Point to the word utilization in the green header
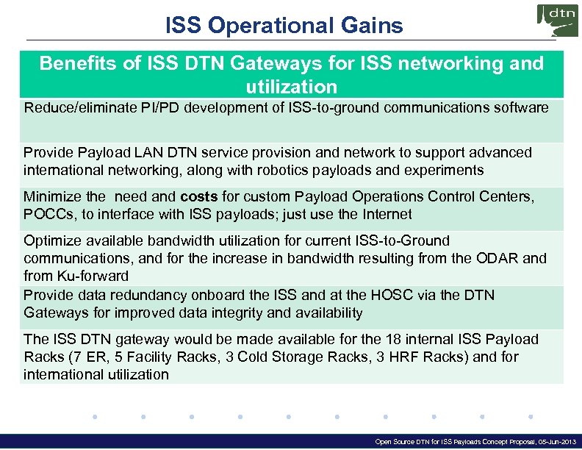pos(292,87)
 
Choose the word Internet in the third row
pos(386,214)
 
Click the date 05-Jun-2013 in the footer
pos(550,443)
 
